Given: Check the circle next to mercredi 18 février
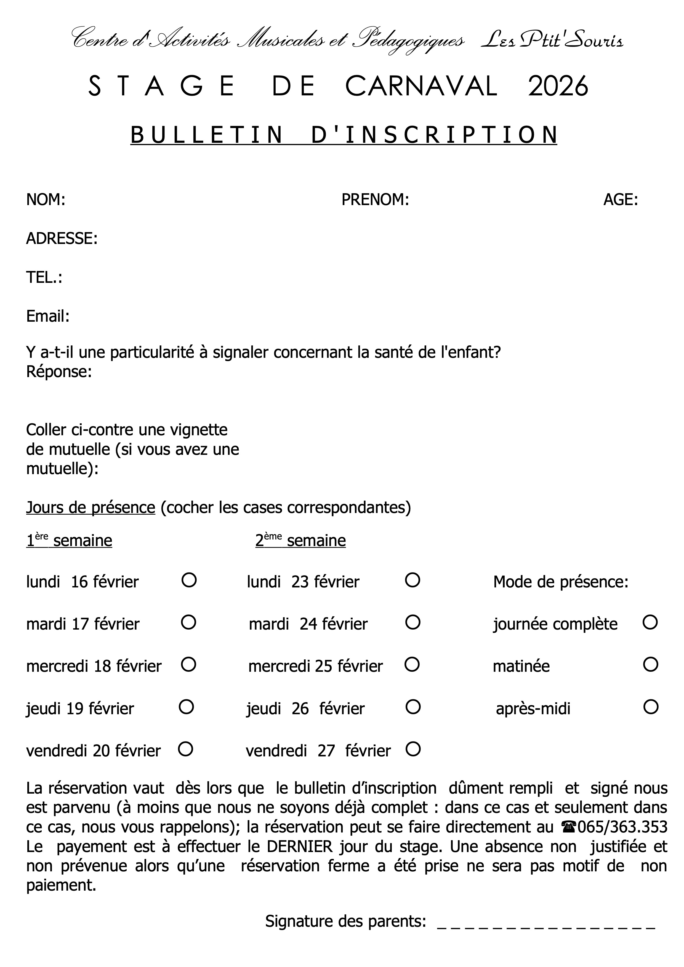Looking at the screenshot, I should [x=188, y=665].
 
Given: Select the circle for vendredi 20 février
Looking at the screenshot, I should [x=185, y=749].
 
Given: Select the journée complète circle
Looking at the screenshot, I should [x=650, y=622].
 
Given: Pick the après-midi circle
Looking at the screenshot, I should [x=651, y=707].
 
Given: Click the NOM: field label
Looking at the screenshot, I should [x=46, y=200].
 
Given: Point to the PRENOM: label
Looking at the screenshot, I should [x=375, y=200].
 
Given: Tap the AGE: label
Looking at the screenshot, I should [x=620, y=200].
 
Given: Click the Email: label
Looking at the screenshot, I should [x=48, y=316].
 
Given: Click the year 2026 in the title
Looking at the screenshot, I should [x=558, y=86].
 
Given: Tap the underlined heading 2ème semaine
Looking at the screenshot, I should [x=300, y=540].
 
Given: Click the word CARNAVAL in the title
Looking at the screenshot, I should [x=421, y=86].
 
